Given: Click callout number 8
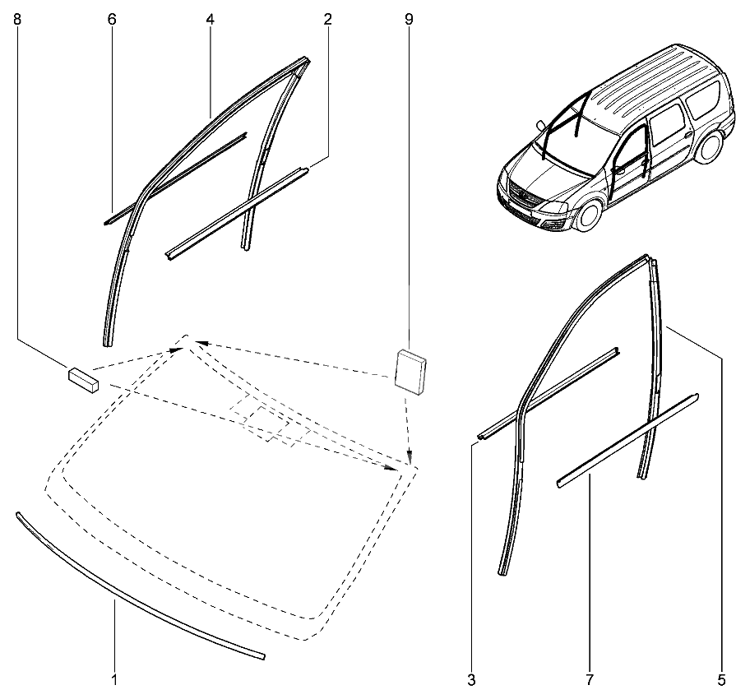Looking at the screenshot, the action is coord(17,19).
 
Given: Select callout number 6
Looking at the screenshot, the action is coord(112,19).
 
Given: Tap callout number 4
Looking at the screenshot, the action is coord(210,19).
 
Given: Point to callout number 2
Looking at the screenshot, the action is coord(327,19).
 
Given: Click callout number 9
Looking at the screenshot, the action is coord(409,19).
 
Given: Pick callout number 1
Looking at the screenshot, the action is coord(114,679).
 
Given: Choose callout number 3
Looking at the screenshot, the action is coord(471,679).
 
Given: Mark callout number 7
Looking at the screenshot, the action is coord(590,679).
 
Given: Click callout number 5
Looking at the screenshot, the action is coord(721,679).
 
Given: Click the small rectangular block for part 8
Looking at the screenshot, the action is coord(84,379).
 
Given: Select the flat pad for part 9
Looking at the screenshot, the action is coord(410,373).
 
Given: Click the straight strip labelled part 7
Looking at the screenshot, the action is coord(627,440).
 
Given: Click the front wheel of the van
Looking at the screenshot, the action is coord(588,215).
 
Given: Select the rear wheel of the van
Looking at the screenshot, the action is coord(708,147).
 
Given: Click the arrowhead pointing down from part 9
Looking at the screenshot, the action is coord(410,458).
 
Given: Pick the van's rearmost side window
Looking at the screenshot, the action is coord(702,99).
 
